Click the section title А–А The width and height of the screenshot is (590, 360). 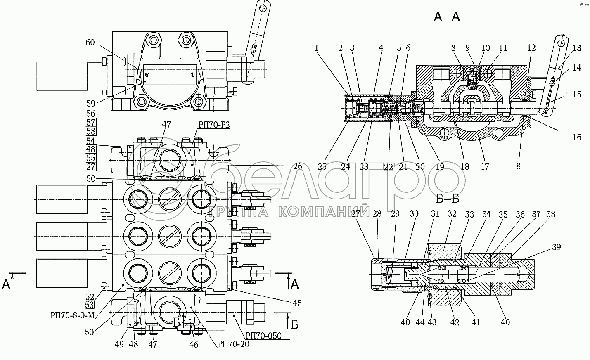pos(447,17)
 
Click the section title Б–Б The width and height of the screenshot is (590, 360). pos(448,199)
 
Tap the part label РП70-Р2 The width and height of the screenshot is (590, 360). pos(214,125)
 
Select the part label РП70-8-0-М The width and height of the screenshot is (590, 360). pos(72,315)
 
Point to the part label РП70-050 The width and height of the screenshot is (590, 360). pos(263,336)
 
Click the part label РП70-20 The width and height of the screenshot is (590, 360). pos(233,344)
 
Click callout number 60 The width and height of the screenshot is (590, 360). pos(90,43)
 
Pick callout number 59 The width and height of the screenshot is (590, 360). pos(90,103)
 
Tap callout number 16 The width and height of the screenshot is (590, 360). pos(577,137)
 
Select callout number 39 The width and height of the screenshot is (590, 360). pos(556,247)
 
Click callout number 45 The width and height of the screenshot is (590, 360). pos(297,303)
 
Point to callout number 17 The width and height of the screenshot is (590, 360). pos(485,166)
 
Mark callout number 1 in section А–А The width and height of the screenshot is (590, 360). pos(317,47)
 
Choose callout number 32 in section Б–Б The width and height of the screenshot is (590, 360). pos(452,214)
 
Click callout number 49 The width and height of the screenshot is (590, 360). pos(119,344)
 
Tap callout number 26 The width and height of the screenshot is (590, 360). pos(298,166)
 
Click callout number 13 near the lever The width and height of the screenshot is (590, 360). pos(577,47)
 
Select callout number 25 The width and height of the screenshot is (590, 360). pos(322,166)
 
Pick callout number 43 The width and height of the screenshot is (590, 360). pos(432,322)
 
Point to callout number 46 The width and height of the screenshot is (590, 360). pos(194,345)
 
